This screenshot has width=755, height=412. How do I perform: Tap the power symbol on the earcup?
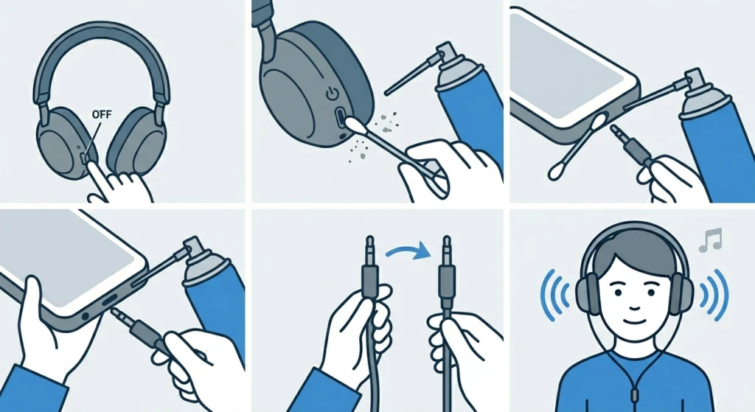(331, 94)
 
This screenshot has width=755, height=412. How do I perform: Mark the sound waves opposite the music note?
(554, 296)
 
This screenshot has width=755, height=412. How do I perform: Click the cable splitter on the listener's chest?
(631, 385)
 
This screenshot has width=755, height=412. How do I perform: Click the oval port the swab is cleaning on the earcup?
(340, 118)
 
